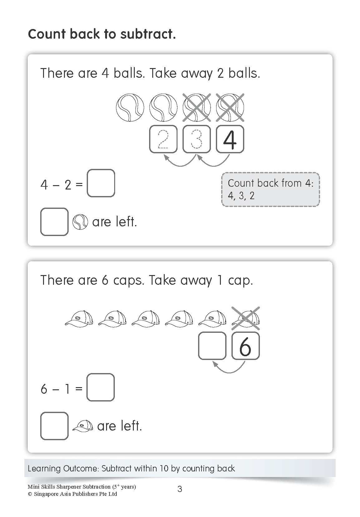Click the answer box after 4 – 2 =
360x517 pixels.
pyautogui.click(x=101, y=183)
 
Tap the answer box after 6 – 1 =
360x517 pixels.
pyautogui.click(x=100, y=387)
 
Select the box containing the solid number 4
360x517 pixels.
pyautogui.click(x=230, y=139)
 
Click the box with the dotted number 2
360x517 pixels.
pyautogui.click(x=163, y=139)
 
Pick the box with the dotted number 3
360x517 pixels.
pyautogui.click(x=197, y=139)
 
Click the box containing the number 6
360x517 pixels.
pyautogui.click(x=246, y=346)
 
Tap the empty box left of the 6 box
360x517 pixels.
pyautogui.click(x=212, y=346)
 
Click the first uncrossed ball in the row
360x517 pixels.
pyautogui.click(x=130, y=108)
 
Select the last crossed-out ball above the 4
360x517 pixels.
pyautogui.click(x=230, y=108)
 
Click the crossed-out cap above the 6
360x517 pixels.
pyautogui.click(x=246, y=318)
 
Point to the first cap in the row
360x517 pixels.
pyautogui.click(x=79, y=319)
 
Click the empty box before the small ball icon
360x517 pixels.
pyautogui.click(x=54, y=222)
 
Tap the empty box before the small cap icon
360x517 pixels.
pyautogui.click(x=54, y=426)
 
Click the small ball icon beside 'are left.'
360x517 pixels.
pyautogui.click(x=80, y=222)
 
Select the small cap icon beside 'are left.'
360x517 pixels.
pyautogui.click(x=83, y=426)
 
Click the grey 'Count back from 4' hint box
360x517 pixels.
pyautogui.click(x=270, y=189)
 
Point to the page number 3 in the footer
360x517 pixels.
pyautogui.click(x=180, y=489)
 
